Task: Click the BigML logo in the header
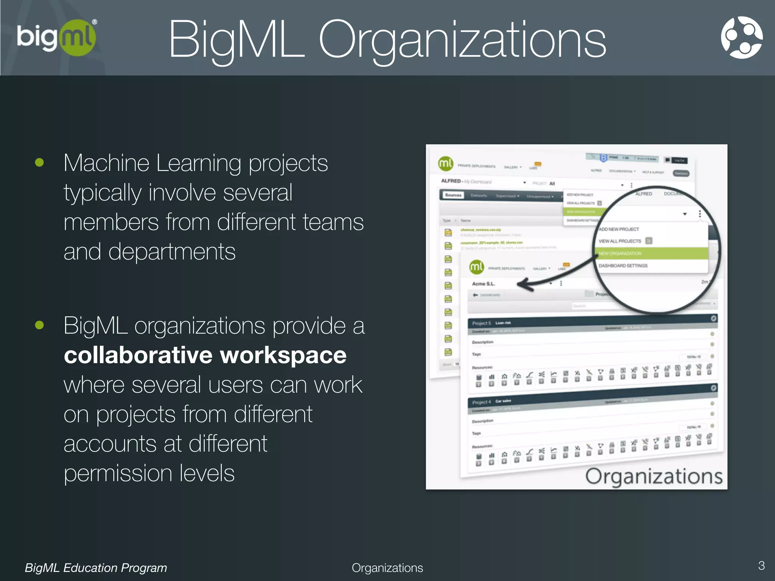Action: click(56, 37)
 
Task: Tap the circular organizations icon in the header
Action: click(741, 37)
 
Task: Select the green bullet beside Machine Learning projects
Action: click(39, 163)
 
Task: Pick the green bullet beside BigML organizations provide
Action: click(39, 325)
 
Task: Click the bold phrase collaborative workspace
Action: click(205, 355)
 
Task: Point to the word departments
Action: click(172, 252)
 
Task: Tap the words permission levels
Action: click(149, 473)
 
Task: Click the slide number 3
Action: click(761, 565)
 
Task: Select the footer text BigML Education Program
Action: click(96, 568)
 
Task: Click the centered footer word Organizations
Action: click(387, 568)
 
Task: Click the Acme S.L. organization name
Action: click(483, 284)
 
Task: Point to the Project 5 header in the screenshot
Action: click(481, 323)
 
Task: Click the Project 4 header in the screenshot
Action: click(481, 402)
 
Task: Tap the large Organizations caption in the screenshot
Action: click(654, 476)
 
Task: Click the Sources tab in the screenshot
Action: click(453, 195)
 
